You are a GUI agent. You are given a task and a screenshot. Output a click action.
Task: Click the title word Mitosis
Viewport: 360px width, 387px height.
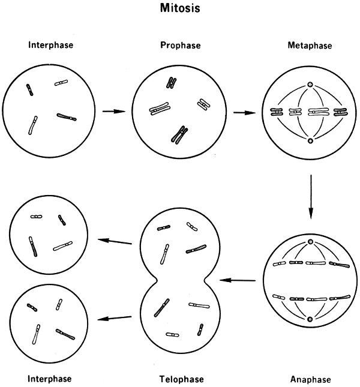pyautogui.click(x=180, y=9)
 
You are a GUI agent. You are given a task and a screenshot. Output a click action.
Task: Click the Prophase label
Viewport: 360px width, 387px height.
pyautogui.click(x=180, y=45)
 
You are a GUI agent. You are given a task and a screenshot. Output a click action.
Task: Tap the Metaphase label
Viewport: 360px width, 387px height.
pyautogui.click(x=310, y=45)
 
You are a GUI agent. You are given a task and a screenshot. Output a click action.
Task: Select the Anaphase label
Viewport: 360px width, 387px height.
pyautogui.click(x=310, y=379)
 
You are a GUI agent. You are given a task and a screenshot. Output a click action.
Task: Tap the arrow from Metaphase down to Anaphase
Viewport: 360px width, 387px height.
pyautogui.click(x=311, y=195)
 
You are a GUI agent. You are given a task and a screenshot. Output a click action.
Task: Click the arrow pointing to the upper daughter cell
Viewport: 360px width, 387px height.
pyautogui.click(x=115, y=241)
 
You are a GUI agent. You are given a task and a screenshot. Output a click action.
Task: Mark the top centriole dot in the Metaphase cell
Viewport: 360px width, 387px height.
pyautogui.click(x=310, y=85)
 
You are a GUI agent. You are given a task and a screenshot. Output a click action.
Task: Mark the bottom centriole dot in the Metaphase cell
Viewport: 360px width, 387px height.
pyautogui.click(x=310, y=141)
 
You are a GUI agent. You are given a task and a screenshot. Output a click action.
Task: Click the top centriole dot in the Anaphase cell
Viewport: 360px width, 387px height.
pyautogui.click(x=310, y=242)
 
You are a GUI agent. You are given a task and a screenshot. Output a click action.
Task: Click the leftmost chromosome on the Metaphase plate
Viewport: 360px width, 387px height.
pyautogui.click(x=277, y=112)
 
